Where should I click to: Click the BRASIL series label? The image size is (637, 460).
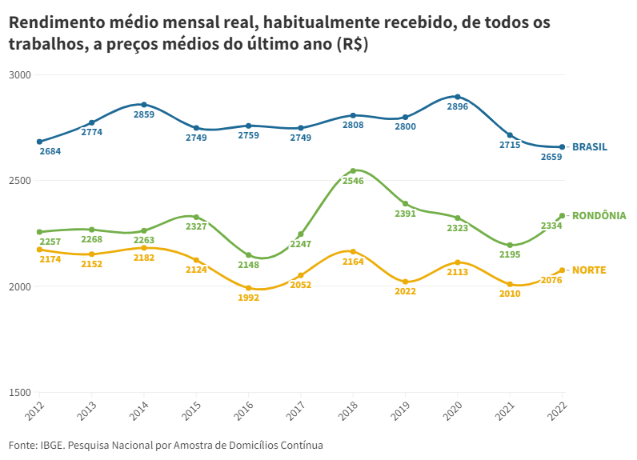pos(589,147)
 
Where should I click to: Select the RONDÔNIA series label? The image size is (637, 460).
pos(599,216)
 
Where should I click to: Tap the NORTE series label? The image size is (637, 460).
pos(589,270)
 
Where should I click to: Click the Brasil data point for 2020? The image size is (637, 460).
pos(458,97)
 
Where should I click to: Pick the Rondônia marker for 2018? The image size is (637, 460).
pos(353,170)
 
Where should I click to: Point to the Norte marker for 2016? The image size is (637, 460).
pos(249,288)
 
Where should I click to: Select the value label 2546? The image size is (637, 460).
pos(353,182)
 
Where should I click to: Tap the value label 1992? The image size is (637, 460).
pos(249,298)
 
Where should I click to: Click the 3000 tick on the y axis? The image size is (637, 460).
pos(19,75)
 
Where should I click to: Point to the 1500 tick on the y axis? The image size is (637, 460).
pos(19,393)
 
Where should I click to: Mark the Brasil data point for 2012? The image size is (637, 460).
pos(39,142)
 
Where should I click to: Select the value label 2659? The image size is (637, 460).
pos(551,158)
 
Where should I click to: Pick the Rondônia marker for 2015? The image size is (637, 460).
pos(196,217)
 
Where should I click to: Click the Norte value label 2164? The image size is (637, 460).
pos(353,262)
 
